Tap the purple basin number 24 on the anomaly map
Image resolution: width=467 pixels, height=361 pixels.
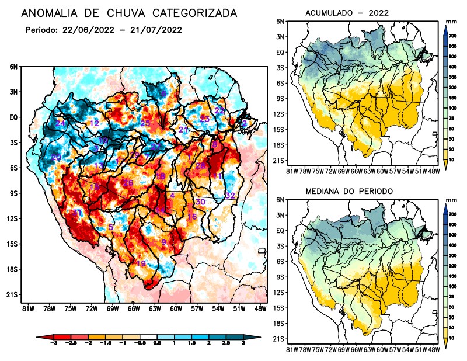(60, 123)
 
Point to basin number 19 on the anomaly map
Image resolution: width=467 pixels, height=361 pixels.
(141, 263)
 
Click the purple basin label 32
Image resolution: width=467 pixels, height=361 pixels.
(230, 195)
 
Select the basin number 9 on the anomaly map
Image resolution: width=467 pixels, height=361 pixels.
(164, 242)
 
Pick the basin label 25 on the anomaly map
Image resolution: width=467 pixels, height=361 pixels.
(145, 123)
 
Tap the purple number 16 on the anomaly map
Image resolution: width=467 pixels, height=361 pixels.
(191, 217)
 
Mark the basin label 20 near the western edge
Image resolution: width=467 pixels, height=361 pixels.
(56, 158)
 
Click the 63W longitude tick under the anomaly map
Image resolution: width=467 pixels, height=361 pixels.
(154, 308)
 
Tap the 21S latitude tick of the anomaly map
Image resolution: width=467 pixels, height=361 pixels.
(12, 295)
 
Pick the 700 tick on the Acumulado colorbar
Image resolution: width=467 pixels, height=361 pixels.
(452, 36)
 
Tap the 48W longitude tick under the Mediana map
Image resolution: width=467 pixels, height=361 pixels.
(433, 349)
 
